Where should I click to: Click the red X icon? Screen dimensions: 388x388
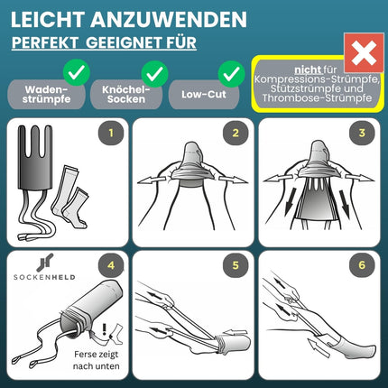coord(364,53)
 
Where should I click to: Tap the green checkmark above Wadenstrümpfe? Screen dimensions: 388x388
coord(77,72)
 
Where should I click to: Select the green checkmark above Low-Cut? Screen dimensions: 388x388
coord(231,73)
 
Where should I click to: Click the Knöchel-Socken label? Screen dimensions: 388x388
coord(126,94)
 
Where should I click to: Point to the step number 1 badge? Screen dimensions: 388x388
coord(111,133)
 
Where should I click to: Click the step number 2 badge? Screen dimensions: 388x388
coord(236,133)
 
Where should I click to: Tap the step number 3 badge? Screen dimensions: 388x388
coord(362,133)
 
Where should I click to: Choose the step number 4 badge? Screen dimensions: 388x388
coord(111,265)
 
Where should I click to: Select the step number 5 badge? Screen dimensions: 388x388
coord(236,265)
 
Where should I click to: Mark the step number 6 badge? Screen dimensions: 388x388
coord(362,265)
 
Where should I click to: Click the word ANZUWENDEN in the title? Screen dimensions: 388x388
coord(169,20)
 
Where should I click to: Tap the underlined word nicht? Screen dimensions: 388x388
coord(308,69)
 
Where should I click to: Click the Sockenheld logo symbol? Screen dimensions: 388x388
coord(45,263)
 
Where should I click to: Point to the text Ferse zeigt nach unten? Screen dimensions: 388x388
coord(97,360)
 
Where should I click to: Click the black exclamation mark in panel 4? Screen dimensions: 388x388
coord(105,329)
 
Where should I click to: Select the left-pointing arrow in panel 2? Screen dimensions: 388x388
coord(152,180)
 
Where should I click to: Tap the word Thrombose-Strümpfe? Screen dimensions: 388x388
coord(317,98)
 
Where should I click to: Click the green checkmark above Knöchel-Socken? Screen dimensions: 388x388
coord(154,73)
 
